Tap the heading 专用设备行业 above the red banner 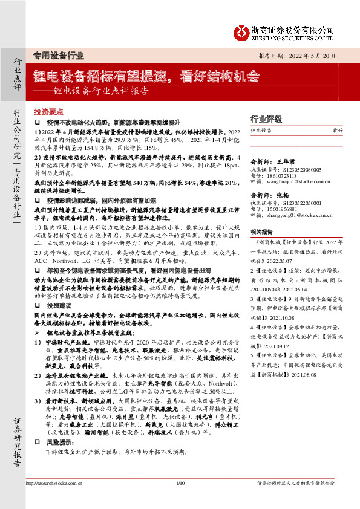58,55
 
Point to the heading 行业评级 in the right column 266,118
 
